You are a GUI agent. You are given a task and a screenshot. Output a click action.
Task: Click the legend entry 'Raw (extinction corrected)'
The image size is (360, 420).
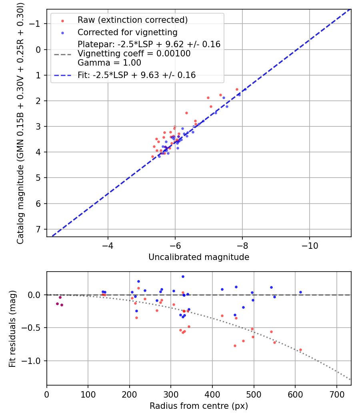pyautogui.click(x=132, y=20)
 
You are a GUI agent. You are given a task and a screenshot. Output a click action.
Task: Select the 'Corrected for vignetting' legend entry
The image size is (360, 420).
pyautogui.click(x=127, y=32)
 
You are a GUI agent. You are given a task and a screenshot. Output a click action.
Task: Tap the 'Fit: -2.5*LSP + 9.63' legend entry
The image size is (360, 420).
pyautogui.click(x=136, y=75)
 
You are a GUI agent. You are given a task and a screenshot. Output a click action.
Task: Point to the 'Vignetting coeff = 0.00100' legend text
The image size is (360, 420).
pyautogui.click(x=134, y=54)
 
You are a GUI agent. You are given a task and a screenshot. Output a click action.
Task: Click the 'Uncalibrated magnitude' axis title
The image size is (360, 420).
pyautogui.click(x=199, y=257)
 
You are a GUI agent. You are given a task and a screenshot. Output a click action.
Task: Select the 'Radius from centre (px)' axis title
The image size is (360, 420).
pyautogui.click(x=199, y=406)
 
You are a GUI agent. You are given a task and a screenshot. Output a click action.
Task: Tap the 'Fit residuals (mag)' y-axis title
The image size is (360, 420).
pyautogui.click(x=12, y=328)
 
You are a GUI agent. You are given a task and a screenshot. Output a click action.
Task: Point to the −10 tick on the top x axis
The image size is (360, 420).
pyautogui.click(x=310, y=244)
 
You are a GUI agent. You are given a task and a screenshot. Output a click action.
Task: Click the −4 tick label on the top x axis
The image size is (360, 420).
pyautogui.click(x=108, y=244)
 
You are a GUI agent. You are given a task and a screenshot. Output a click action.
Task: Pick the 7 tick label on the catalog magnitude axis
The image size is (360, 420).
pyautogui.click(x=39, y=229)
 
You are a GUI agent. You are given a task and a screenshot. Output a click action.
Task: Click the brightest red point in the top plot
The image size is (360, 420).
pyautogui.click(x=237, y=89)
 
